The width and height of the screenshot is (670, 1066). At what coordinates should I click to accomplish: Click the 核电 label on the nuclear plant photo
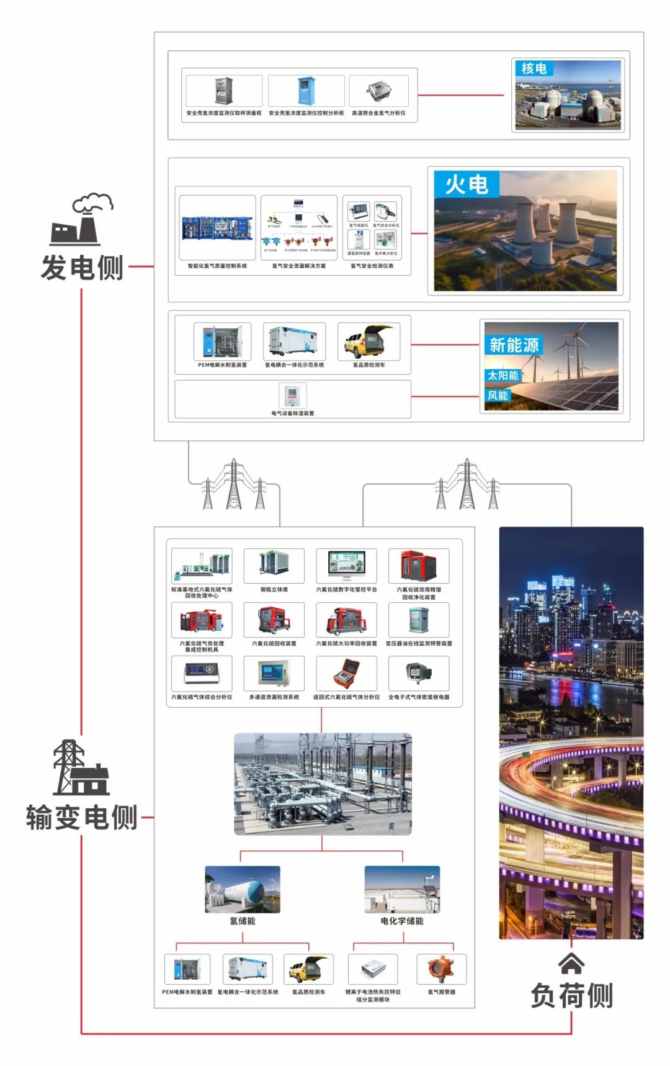click(x=534, y=68)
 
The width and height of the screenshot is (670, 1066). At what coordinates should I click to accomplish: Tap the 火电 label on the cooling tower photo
click(x=467, y=184)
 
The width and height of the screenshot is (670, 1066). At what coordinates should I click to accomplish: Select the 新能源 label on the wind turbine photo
click(x=514, y=345)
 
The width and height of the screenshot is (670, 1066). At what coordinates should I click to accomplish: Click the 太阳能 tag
click(x=502, y=376)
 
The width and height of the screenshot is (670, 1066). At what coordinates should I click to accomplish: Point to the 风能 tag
click(x=498, y=395)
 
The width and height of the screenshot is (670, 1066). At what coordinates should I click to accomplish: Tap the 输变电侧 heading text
click(x=82, y=817)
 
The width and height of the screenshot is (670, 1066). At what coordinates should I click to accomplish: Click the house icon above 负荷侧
click(x=571, y=964)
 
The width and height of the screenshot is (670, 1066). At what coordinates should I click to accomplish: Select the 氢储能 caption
click(x=243, y=921)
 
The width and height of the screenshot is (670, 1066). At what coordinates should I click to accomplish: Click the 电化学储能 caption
click(x=402, y=921)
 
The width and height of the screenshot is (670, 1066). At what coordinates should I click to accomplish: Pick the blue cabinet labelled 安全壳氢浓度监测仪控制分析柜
click(x=306, y=91)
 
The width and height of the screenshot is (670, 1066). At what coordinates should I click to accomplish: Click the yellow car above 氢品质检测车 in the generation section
click(x=368, y=341)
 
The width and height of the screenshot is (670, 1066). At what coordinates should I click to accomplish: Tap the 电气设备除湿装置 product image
click(x=292, y=395)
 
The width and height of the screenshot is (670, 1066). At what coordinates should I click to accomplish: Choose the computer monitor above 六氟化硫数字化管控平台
click(x=346, y=566)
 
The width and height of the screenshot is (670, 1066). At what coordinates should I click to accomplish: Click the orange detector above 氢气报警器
click(x=441, y=969)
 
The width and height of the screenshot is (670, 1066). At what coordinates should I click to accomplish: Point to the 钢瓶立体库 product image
click(x=274, y=565)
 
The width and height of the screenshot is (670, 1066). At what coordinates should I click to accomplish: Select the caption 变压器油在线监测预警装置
click(x=419, y=644)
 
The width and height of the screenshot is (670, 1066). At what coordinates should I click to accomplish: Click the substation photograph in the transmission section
click(x=323, y=784)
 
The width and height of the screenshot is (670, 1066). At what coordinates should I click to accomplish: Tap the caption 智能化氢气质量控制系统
click(x=217, y=266)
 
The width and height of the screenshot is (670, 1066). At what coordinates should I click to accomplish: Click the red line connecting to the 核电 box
click(x=460, y=96)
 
